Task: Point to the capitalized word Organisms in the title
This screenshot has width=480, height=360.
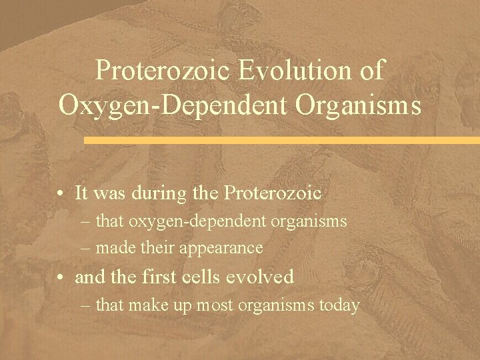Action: tap(359, 105)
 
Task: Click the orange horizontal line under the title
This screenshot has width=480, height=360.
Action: tap(280, 141)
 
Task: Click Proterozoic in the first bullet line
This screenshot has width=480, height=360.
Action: tap(273, 193)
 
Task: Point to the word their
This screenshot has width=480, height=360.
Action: tap(158, 248)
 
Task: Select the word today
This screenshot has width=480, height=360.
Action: tap(341, 306)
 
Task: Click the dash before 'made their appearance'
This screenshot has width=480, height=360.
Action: tap(88, 248)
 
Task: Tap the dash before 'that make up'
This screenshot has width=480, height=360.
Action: tap(88, 306)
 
